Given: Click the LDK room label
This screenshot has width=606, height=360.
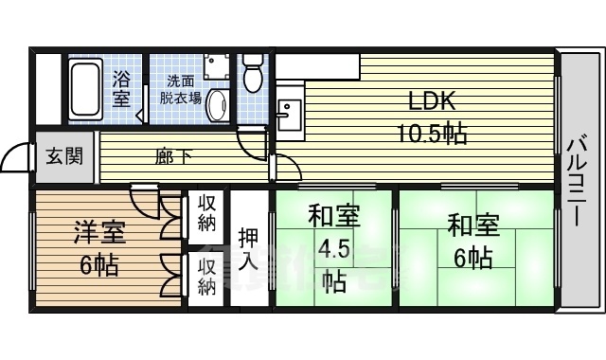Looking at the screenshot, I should [x=431, y=101].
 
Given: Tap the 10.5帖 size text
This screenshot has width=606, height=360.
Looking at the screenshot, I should [x=431, y=133].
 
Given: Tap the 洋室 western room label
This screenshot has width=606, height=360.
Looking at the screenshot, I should [x=99, y=232].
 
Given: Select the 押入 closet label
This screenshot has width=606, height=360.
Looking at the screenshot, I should [x=249, y=247].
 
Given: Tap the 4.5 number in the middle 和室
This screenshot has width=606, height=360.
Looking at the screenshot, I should [x=333, y=250].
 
